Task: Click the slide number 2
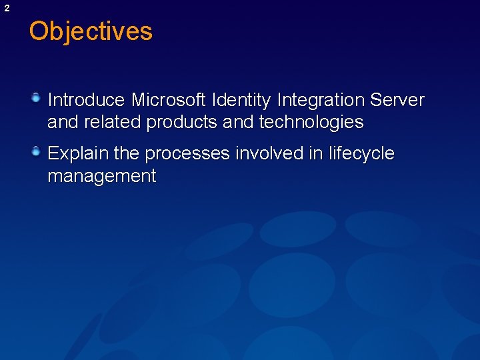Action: point(7,8)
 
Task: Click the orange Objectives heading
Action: point(91,31)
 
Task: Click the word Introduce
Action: point(86,100)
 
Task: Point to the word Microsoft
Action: point(168,100)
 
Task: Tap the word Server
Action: point(397,100)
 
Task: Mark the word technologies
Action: point(311,123)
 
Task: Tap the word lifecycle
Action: point(361,154)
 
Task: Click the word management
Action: point(101,177)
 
